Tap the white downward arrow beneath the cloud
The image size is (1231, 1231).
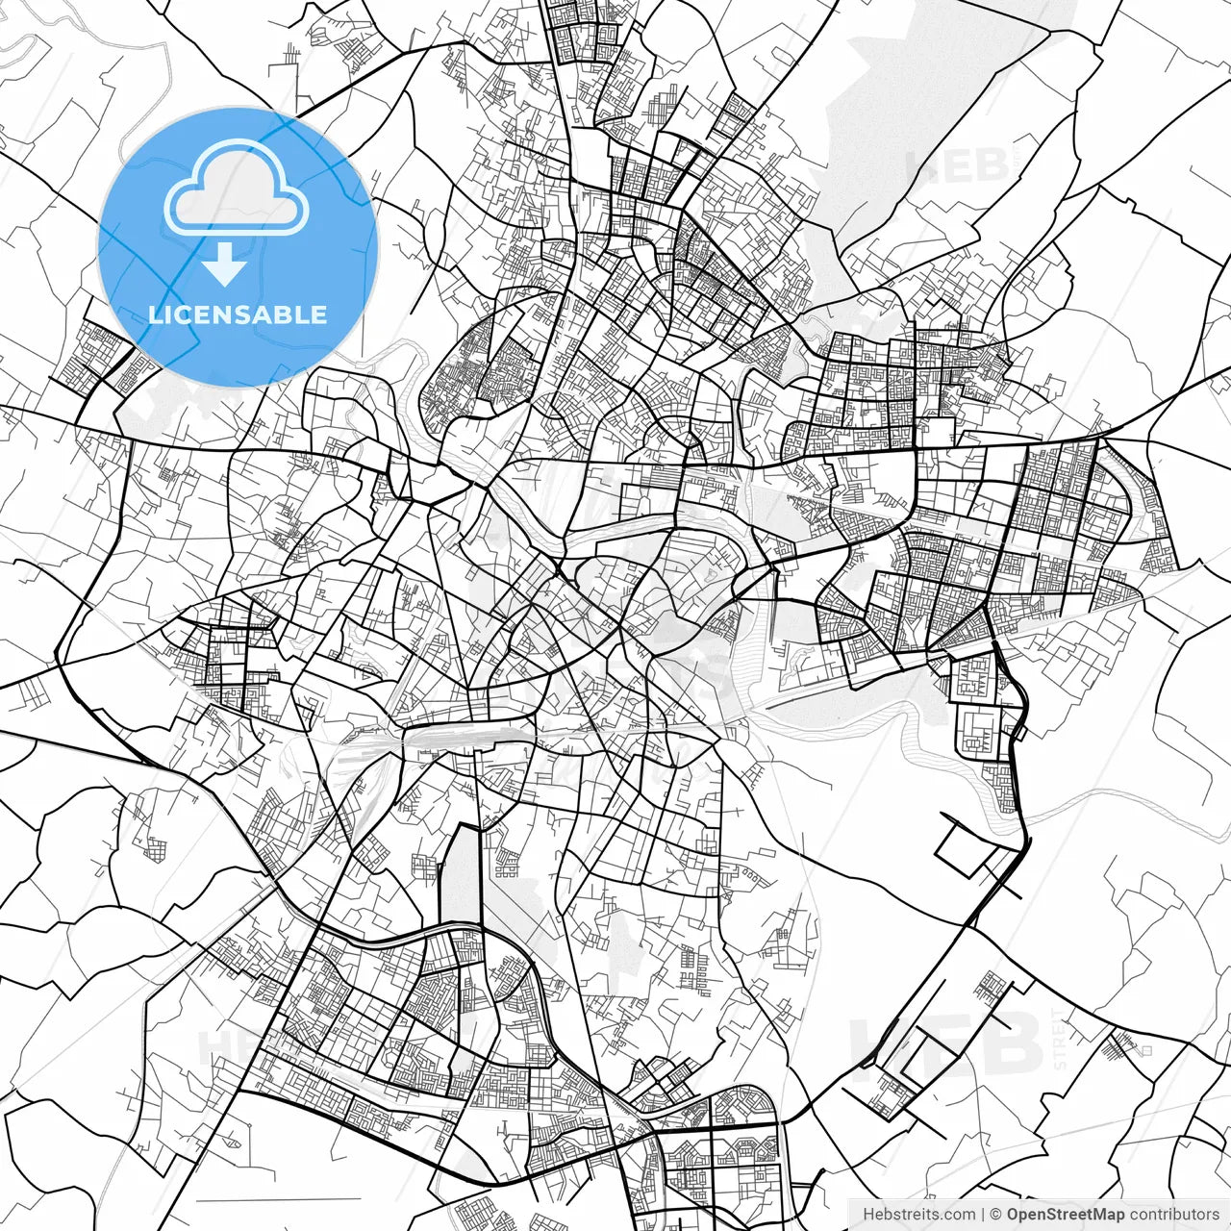point(224,264)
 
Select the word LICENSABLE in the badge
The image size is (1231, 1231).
point(238,314)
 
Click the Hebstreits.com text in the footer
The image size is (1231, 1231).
point(918,1215)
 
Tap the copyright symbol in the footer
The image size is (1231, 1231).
point(996,1215)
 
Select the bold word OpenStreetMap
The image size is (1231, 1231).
point(1065,1215)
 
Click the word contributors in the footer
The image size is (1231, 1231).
point(1173,1215)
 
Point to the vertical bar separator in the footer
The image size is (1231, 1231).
point(982,1215)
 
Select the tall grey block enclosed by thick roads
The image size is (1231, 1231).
point(460,875)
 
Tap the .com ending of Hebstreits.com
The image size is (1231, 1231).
point(956,1215)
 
